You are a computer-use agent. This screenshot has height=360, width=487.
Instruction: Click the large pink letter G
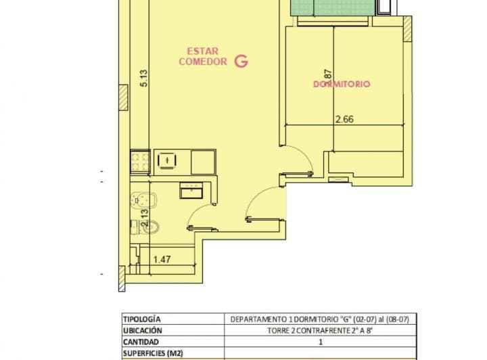click(x=241, y=61)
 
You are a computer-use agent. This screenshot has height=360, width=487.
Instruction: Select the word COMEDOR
click(x=202, y=62)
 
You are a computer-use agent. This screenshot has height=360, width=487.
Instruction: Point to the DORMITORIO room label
click(x=342, y=84)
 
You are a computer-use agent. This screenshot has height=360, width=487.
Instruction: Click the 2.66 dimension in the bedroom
click(x=345, y=119)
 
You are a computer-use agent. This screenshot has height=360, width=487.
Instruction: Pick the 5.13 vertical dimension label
click(x=143, y=79)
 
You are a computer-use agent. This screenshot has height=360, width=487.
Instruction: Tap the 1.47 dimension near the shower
click(x=162, y=258)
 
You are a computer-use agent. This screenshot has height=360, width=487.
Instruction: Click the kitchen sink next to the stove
click(x=166, y=160)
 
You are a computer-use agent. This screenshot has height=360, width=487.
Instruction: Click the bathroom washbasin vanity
click(x=191, y=190)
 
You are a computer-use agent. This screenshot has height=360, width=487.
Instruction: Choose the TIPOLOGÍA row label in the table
click(x=142, y=319)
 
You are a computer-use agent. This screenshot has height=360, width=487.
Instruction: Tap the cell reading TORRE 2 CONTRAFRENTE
click(x=319, y=330)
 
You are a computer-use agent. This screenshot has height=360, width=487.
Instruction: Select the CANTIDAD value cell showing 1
click(x=320, y=342)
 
